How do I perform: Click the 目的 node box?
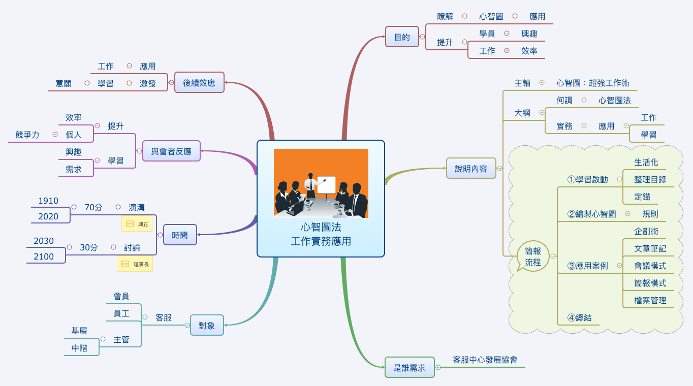pyautogui.click(x=402, y=37)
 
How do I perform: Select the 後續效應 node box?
pyautogui.click(x=199, y=82)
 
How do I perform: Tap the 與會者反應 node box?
pyautogui.click(x=171, y=151)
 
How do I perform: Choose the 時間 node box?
pyautogui.click(x=180, y=235)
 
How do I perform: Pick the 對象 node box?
pyautogui.click(x=207, y=325)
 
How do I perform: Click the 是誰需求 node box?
pyautogui.click(x=409, y=367)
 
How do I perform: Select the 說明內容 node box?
pyautogui.click(x=471, y=168)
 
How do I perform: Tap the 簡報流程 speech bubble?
pyautogui.click(x=533, y=256)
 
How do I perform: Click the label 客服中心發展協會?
pyautogui.click(x=485, y=360)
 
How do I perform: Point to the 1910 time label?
pyautogui.click(x=48, y=201)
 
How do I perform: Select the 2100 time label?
pyautogui.click(x=44, y=256)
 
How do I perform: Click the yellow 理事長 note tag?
pyautogui.click(x=135, y=264)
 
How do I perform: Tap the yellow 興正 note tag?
pyautogui.click(x=137, y=223)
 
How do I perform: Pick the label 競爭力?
pyautogui.click(x=27, y=135)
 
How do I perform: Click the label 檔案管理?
pyautogui.click(x=650, y=300)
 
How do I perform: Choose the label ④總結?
pyautogui.click(x=580, y=317)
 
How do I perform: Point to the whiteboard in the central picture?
pyautogui.click(x=327, y=184)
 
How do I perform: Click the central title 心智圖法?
pyautogui.click(x=321, y=227)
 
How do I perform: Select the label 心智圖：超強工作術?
pyautogui.click(x=593, y=83)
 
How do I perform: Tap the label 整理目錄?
pyautogui.click(x=650, y=179)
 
